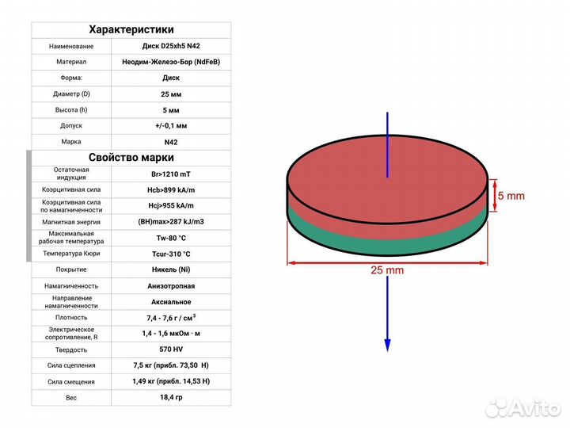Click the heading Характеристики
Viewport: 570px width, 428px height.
131,29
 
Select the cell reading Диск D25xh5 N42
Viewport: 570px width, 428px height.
171,46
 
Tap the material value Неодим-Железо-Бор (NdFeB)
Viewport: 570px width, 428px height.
171,62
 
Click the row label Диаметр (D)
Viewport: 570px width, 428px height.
71,94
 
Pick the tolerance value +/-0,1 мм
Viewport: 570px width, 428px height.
171,126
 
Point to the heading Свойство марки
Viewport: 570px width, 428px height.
131,158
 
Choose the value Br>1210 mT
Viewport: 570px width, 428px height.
171,174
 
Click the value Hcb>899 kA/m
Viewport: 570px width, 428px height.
171,190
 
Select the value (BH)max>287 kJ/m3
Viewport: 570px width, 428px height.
171,222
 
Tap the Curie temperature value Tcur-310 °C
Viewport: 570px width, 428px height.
171,254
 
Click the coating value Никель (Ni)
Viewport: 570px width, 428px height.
171,269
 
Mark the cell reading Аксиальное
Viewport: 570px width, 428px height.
171,302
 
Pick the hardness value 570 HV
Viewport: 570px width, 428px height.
171,350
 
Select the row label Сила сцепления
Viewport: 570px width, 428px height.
71,365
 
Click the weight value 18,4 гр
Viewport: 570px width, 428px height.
171,397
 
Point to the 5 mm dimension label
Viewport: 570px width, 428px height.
511,196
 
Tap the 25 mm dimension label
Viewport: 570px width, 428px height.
387,270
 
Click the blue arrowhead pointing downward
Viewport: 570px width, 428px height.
387,345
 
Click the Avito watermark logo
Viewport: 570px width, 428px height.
522,408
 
